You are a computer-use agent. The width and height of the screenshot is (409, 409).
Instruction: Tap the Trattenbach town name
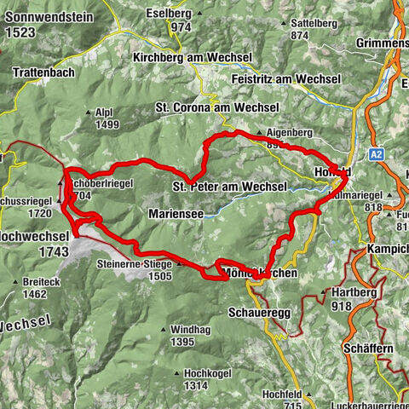click(x=43, y=73)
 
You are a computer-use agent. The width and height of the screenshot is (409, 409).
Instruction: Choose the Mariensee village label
click(x=175, y=214)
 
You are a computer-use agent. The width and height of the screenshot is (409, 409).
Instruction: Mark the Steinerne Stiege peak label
click(x=136, y=264)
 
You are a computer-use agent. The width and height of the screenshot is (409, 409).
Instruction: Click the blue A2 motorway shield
click(x=378, y=154)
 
